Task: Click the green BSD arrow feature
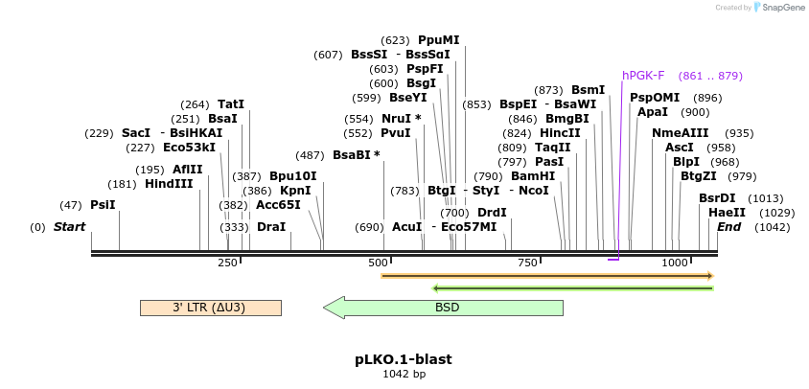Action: (447, 308)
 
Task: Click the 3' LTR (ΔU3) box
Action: (210, 308)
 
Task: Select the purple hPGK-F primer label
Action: (643, 76)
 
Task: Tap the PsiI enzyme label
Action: (103, 205)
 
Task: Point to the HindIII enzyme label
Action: (169, 184)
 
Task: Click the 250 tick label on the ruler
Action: (227, 263)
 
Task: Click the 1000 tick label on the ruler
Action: (674, 263)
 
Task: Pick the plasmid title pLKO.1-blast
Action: (404, 359)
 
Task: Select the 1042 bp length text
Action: (404, 374)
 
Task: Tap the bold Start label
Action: (69, 227)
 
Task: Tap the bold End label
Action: (728, 227)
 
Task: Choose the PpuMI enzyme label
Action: (438, 40)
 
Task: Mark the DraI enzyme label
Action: (271, 227)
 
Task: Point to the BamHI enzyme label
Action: (533, 176)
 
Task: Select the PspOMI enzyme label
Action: (655, 98)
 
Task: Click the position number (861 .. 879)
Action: (710, 76)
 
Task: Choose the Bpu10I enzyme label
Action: (292, 176)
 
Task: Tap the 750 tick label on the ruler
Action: (526, 263)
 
